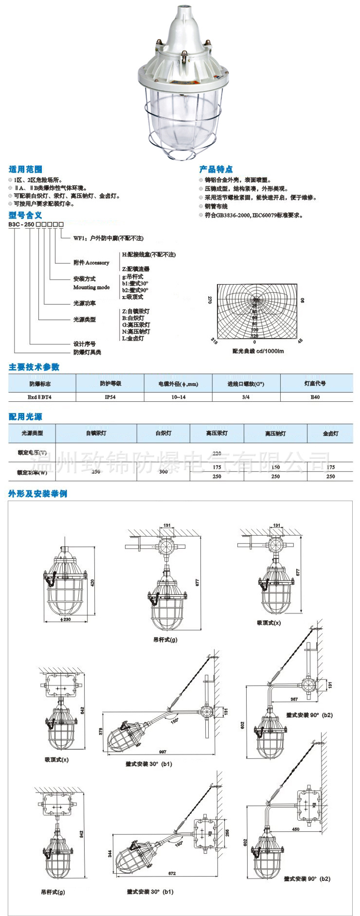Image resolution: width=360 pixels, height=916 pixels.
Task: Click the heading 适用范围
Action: pos(25,169)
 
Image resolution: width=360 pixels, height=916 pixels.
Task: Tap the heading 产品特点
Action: pos(216,169)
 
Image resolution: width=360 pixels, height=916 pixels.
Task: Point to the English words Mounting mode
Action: pos(91,287)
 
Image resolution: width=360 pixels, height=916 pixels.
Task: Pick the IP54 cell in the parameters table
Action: pos(110,397)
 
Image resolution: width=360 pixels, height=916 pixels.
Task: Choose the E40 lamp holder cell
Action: pos(316,397)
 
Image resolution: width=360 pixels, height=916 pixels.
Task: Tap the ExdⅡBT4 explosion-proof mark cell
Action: pos(41,397)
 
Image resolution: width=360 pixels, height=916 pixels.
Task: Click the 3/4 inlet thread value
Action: pos(246,397)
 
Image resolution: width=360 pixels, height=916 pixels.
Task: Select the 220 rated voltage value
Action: pos(217,453)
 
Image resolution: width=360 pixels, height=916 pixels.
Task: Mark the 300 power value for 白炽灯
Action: pos(163,471)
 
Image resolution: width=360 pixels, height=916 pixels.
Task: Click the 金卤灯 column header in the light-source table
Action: pos(330,433)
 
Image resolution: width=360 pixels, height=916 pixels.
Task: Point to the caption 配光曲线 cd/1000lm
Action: pos(258,351)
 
